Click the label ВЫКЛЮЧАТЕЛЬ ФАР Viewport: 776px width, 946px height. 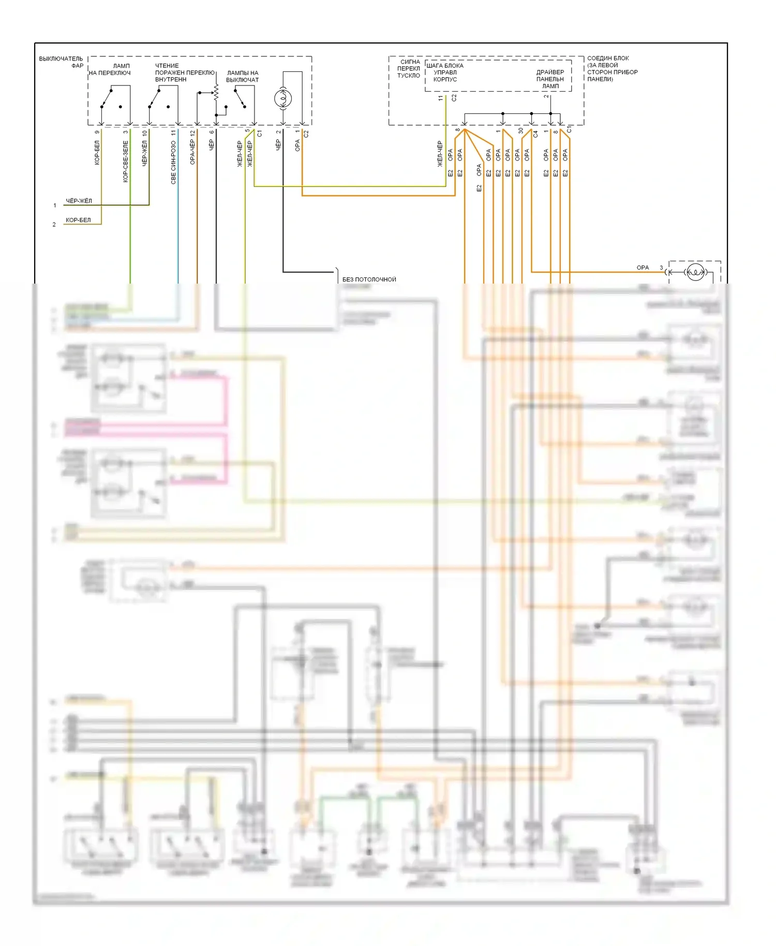click(61, 62)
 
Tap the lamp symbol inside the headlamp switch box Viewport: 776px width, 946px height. click(283, 98)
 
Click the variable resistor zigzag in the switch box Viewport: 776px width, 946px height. click(216, 93)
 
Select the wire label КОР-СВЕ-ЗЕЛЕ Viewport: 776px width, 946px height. click(125, 161)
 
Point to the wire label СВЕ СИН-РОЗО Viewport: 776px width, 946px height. click(173, 162)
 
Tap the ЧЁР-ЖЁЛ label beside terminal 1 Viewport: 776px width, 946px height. click(79, 201)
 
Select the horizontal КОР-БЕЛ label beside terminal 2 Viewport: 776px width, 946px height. click(78, 220)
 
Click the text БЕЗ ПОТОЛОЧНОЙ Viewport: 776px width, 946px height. click(369, 279)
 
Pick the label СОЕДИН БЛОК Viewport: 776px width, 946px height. click(608, 58)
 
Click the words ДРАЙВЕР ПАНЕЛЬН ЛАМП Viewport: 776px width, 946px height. click(550, 79)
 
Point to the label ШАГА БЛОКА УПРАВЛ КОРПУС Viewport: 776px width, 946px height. click(445, 72)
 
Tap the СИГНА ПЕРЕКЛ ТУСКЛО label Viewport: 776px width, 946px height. click(409, 69)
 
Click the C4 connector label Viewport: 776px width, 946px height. click(535, 134)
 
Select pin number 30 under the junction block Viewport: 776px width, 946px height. click(521, 131)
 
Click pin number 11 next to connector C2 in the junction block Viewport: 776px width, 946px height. click(441, 98)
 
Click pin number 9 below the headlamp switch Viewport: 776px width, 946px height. click(97, 132)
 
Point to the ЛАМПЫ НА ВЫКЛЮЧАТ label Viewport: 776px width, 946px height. click(242, 76)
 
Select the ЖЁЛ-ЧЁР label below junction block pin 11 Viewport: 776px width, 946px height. click(440, 154)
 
